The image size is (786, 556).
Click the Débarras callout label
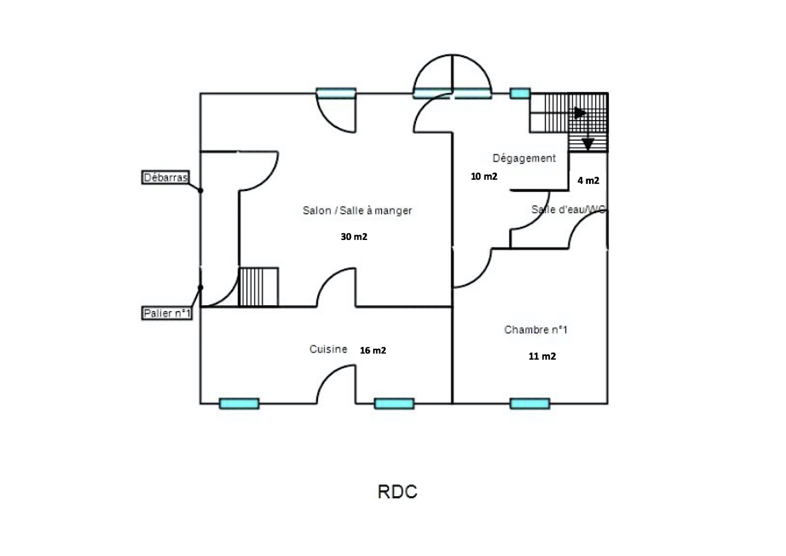click(165, 177)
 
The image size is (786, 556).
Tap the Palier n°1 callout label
click(167, 313)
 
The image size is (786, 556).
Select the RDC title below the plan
click(397, 492)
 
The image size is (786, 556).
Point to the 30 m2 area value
click(354, 237)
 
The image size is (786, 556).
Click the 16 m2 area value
click(373, 350)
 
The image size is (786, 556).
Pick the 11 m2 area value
click(542, 356)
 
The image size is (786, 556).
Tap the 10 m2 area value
click(484, 177)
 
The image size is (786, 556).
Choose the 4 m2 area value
click(588, 180)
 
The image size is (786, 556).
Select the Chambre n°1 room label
click(535, 330)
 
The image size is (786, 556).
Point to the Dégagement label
click(524, 158)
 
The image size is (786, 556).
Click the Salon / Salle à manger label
click(357, 210)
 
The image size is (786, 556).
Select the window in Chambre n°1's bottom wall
click(530, 403)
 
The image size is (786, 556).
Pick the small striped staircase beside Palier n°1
click(258, 287)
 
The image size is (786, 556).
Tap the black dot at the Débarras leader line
click(201, 191)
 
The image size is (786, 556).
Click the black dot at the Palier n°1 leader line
click(201, 287)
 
